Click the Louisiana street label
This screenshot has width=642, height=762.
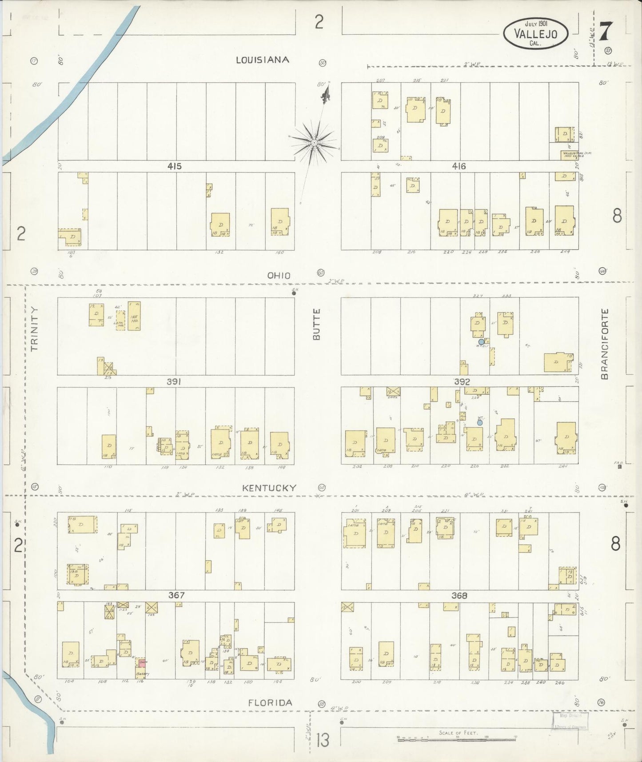point(262,60)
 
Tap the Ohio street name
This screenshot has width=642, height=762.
point(279,276)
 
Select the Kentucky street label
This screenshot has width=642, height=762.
point(269,488)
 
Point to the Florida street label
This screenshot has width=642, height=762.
point(270,703)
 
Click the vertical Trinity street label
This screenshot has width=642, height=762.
point(35,329)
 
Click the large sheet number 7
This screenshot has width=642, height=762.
point(606,32)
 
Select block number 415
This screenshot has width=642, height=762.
point(175,166)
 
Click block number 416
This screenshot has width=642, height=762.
point(459,166)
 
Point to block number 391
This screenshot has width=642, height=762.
point(174,381)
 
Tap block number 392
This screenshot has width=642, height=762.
point(462,381)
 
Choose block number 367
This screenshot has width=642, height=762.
point(176,595)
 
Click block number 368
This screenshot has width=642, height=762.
point(459,595)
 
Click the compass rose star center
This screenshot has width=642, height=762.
point(314,142)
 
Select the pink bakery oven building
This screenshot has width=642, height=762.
point(142,662)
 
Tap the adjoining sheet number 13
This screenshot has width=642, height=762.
point(323,741)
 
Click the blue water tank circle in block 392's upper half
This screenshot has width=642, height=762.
point(481,341)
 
